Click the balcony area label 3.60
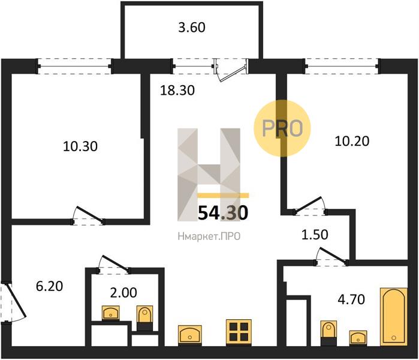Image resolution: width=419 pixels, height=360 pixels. [192, 28]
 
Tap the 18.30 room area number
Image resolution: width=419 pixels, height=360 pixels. [177, 91]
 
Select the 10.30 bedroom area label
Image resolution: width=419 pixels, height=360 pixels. [80, 146]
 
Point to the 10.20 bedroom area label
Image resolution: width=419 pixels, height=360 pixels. [352, 141]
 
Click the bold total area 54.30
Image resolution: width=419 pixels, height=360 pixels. [223, 212]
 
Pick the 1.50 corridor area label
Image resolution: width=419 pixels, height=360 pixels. [315, 235]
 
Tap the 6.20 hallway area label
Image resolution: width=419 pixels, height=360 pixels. [49, 286]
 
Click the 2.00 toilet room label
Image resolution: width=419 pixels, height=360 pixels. [123, 293]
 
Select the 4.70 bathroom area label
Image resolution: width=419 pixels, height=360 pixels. [351, 299]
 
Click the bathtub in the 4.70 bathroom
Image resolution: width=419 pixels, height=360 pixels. [394, 317]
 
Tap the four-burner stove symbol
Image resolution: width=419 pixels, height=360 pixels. [239, 332]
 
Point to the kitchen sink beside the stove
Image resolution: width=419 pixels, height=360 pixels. [190, 335]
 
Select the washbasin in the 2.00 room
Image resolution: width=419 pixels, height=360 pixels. [111, 313]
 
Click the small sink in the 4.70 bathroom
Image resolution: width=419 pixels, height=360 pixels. [358, 338]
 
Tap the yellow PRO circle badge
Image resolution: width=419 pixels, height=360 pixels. [282, 128]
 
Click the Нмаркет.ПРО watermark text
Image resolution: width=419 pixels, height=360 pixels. [209, 236]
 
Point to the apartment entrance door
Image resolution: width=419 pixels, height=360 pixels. [13, 302]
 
